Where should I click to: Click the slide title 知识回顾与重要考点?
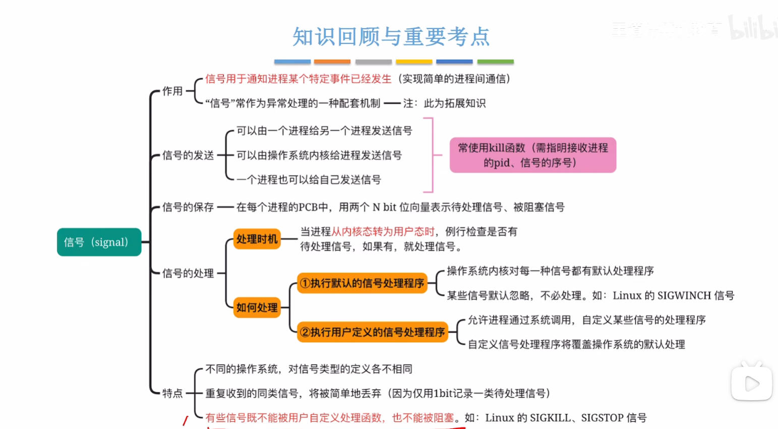[391, 37]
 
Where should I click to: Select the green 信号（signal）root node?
[99, 242]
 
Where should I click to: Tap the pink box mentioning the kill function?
[532, 155]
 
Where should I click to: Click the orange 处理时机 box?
[257, 239]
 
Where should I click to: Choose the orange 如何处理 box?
[257, 307]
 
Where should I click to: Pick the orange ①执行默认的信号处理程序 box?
[362, 283]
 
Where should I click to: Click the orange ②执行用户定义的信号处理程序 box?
[373, 332]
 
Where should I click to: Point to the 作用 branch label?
[172, 91]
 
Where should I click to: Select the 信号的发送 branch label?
[188, 155]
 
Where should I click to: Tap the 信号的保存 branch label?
[188, 207]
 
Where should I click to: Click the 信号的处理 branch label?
[188, 274]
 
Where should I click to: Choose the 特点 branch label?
[172, 393]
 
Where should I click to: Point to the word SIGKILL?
[550, 418]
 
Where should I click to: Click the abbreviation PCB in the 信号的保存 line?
[308, 207]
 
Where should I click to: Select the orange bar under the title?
[332, 62]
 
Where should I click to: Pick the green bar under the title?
[495, 62]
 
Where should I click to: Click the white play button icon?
[751, 384]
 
